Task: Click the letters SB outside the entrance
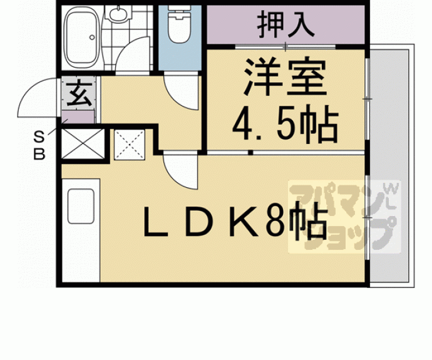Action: pos(39,146)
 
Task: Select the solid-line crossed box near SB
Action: pos(83,143)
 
